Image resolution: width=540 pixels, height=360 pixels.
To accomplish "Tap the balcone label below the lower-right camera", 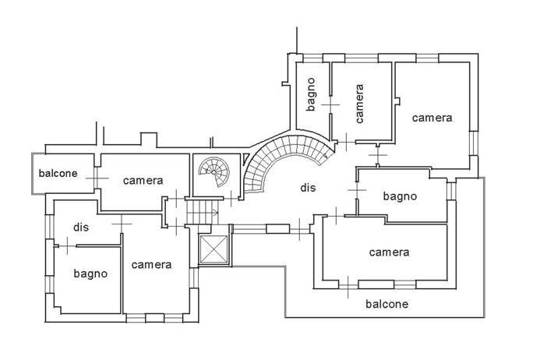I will [x=386, y=304].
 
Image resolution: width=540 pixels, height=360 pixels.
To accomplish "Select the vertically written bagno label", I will [x=310, y=94].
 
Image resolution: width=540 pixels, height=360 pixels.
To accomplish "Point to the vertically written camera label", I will [x=359, y=104].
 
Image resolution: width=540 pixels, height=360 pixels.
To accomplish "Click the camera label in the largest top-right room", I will [x=432, y=118].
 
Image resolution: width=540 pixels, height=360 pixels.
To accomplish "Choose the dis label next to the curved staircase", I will [x=308, y=187].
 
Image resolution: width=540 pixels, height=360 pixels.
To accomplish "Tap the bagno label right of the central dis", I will [x=400, y=196].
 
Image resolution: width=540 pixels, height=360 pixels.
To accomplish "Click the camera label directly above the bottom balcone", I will [x=389, y=252].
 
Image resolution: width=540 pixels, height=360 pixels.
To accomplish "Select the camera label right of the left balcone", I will [x=143, y=180].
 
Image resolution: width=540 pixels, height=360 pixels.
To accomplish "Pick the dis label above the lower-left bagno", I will [x=83, y=227].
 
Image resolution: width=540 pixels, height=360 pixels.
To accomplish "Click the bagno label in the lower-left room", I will [x=90, y=274].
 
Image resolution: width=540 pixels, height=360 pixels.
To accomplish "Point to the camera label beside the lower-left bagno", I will [x=151, y=265].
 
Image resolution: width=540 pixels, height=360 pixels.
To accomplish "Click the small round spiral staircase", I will [x=212, y=172].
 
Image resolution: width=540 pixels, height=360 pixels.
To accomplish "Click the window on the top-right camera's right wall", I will [x=473, y=140].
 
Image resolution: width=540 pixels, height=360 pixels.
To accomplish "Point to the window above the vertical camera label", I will [x=360, y=58].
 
